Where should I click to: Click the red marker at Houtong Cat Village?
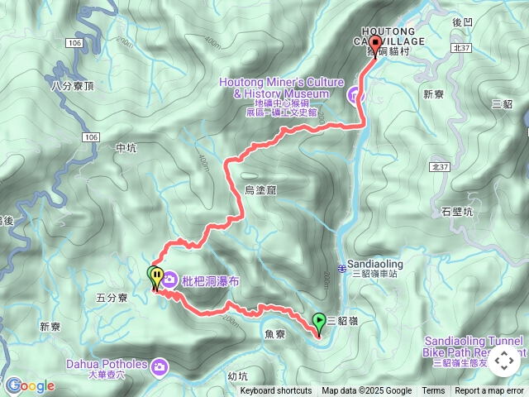[375, 45]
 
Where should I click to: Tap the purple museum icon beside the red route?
[356, 95]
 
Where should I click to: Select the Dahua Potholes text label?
[107, 364]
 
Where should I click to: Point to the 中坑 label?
[126, 148]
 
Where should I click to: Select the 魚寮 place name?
[275, 333]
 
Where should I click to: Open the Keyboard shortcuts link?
[276, 391]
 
